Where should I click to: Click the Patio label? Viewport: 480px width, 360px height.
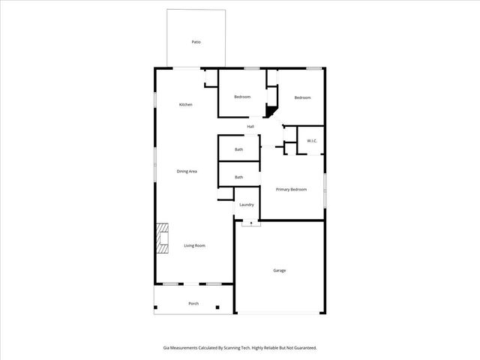click(x=196, y=42)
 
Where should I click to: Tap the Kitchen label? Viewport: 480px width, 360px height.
click(x=185, y=104)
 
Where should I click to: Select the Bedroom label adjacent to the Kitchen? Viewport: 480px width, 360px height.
click(x=241, y=97)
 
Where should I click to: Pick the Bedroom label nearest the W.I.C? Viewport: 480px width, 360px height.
click(x=302, y=97)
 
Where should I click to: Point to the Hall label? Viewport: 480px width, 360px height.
click(x=250, y=126)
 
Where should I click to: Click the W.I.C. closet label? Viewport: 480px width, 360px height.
click(x=311, y=141)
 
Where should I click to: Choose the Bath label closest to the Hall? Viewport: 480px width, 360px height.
click(x=238, y=149)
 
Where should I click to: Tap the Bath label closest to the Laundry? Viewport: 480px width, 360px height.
click(x=238, y=177)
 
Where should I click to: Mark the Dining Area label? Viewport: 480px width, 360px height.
click(x=187, y=172)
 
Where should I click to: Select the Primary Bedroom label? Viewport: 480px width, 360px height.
click(x=291, y=189)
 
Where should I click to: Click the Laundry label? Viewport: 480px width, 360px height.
click(x=246, y=205)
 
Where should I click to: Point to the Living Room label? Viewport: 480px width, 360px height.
click(x=195, y=245)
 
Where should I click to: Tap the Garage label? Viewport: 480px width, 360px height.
click(x=279, y=270)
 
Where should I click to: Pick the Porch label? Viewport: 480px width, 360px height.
click(x=193, y=304)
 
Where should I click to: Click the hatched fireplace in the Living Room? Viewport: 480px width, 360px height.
click(x=161, y=239)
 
